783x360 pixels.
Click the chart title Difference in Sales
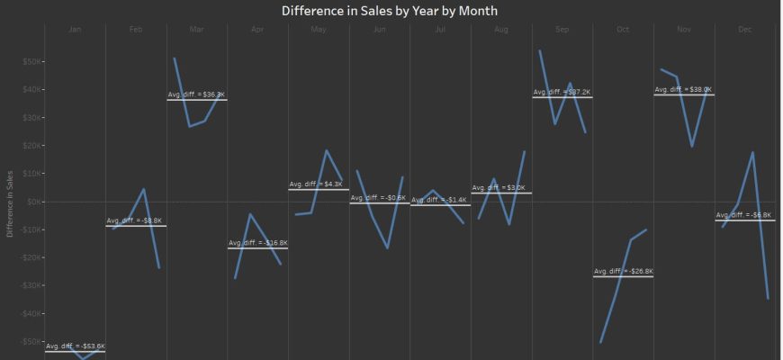[x=389, y=11]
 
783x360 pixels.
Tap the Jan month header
[x=75, y=30]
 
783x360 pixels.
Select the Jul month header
[x=440, y=30]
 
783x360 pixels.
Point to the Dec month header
[x=745, y=30]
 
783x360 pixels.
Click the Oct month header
[x=623, y=30]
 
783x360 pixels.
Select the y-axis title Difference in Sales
[x=9, y=202]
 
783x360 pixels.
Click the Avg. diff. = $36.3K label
[x=196, y=94]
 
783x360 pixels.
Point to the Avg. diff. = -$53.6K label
[x=76, y=346]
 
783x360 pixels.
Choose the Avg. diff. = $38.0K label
[x=683, y=90]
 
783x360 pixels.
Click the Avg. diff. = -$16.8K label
[x=257, y=243]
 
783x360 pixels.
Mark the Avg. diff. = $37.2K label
[x=562, y=92]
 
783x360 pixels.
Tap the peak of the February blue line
[x=144, y=189]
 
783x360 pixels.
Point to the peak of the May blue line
[x=327, y=151]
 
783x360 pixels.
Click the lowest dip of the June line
[x=387, y=247]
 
